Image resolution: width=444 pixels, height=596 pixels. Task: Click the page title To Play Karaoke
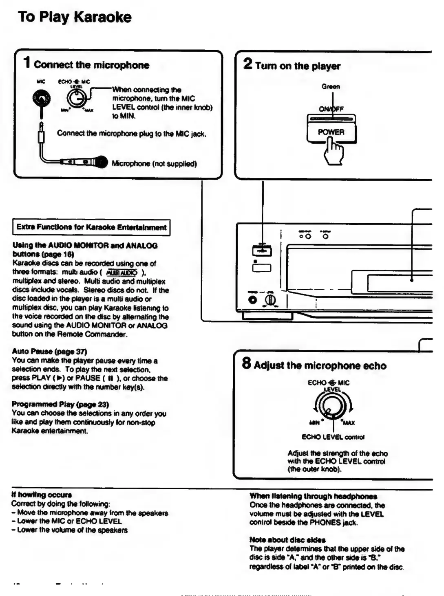click(75, 17)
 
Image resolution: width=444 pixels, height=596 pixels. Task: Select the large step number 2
click(247, 64)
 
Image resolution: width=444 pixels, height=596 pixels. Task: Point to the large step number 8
click(246, 363)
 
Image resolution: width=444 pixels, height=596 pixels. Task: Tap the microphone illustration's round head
click(101, 162)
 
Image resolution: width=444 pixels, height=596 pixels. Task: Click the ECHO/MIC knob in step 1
click(76, 98)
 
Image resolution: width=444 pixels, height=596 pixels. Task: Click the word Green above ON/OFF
click(330, 86)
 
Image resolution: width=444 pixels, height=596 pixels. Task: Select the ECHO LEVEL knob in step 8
click(333, 406)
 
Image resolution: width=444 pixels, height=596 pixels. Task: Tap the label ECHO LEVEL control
click(333, 437)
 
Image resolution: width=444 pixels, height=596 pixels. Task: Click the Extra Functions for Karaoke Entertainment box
click(91, 227)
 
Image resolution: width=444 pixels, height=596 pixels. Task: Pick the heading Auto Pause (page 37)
click(49, 351)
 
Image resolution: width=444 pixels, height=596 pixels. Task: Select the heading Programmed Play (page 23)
click(60, 404)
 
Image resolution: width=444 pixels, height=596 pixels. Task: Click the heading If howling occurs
click(42, 495)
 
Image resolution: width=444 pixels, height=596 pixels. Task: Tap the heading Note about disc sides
click(287, 540)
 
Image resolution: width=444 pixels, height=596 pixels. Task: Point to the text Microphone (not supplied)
click(154, 164)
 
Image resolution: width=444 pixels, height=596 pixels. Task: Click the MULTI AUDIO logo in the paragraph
click(121, 273)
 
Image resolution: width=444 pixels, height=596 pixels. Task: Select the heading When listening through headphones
click(313, 496)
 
